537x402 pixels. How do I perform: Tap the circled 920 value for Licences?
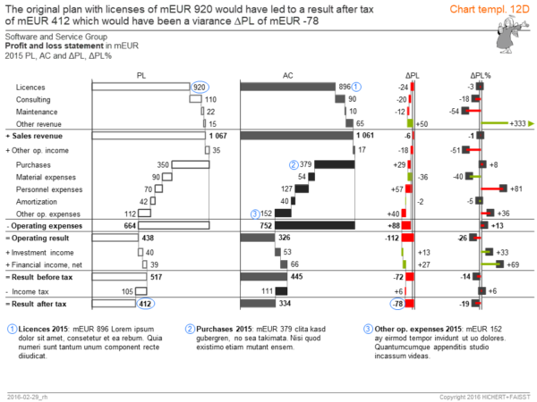coord(201,86)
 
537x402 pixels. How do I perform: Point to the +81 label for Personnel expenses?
coord(516,189)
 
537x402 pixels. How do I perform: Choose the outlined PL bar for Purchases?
coord(191,164)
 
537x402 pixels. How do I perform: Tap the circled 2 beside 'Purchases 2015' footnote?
coord(191,328)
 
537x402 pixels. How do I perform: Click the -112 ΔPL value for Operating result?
coord(389,239)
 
